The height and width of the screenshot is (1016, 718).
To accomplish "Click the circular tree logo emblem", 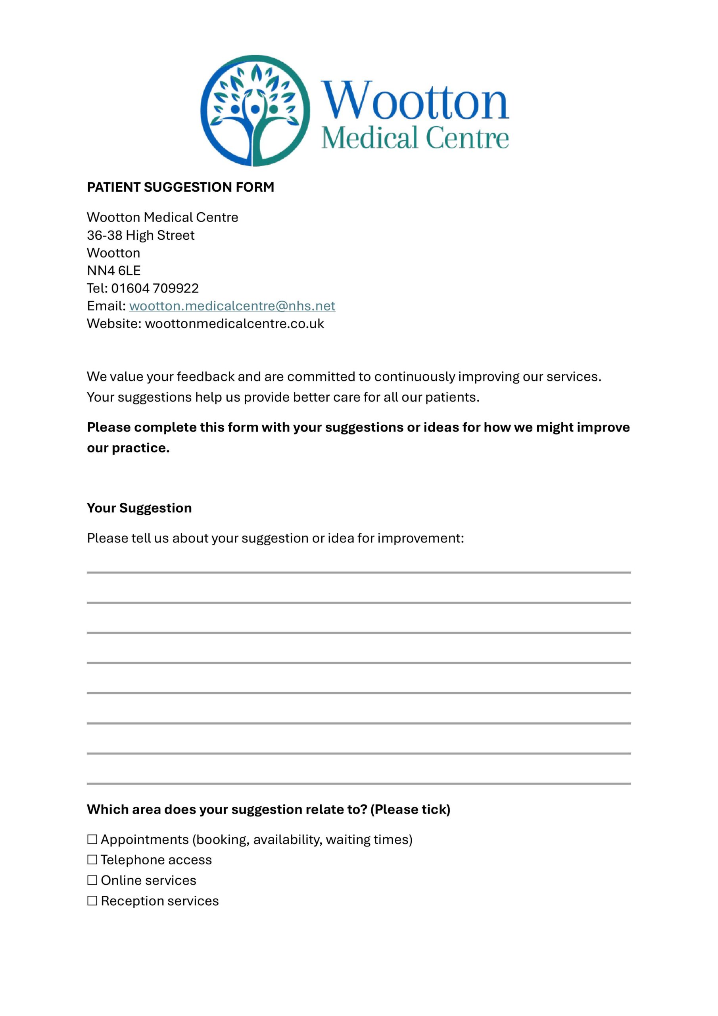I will (x=255, y=111).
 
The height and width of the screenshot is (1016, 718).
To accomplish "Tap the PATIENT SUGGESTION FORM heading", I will (x=180, y=187).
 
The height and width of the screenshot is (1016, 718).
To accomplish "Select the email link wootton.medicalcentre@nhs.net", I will (x=232, y=306).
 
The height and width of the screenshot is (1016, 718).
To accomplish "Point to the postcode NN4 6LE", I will (x=114, y=270).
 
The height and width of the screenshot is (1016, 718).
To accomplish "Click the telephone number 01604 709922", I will (x=155, y=288).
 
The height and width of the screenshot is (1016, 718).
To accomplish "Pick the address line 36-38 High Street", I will (x=140, y=235).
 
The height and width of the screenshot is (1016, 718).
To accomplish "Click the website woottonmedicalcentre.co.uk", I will (x=234, y=323).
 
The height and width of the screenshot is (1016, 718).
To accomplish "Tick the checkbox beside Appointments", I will (x=92, y=839).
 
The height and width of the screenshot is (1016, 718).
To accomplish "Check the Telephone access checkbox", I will (x=92, y=859).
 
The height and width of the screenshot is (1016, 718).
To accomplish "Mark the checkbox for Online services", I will (x=92, y=880).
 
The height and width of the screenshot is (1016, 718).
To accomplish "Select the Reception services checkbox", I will (x=92, y=901).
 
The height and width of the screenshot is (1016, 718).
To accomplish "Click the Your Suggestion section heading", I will (x=139, y=508).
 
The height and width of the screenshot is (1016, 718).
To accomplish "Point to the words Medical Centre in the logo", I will (x=415, y=138).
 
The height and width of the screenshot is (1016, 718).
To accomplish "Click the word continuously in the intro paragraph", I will (x=415, y=377).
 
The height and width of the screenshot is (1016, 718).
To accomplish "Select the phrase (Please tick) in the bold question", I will (x=410, y=809).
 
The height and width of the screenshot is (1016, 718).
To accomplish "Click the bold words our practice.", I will (x=128, y=448).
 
